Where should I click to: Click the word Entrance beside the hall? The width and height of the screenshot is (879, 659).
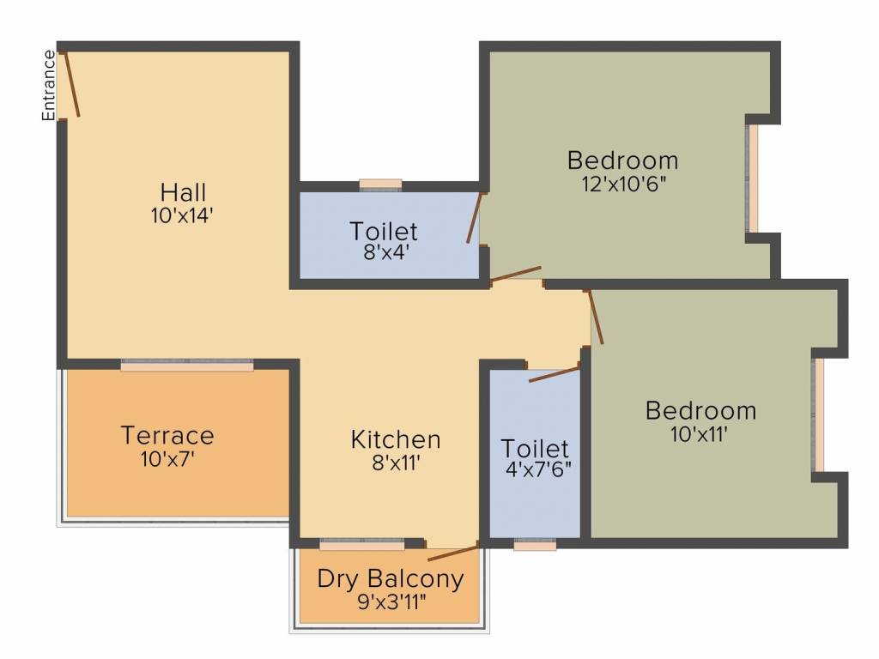coord(50,85)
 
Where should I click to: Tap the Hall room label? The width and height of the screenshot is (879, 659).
coord(183,191)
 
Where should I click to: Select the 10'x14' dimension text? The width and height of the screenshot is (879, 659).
coord(181,215)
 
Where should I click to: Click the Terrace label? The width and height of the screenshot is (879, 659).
coord(167,435)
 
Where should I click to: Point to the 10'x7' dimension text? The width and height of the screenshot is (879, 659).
coord(167,458)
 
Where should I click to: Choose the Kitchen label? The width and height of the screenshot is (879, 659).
coord(396,439)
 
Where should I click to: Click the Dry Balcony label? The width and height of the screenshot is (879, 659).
coord(391,578)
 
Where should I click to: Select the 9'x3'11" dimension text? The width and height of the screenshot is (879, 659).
coord(391,601)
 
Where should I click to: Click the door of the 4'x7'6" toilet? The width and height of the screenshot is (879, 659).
coord(554,374)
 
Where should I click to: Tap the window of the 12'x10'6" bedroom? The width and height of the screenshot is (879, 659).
coord(753,178)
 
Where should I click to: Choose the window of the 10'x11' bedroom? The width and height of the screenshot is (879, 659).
coord(819,414)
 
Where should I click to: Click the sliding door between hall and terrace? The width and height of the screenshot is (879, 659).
coord(187,365)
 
